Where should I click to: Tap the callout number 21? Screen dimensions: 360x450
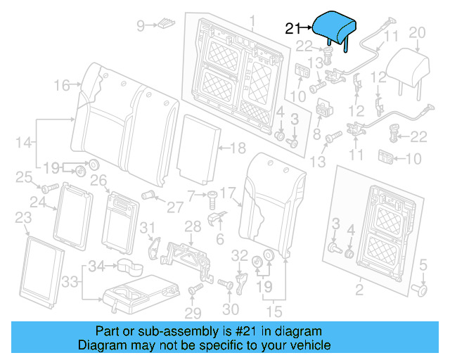(x=292, y=28)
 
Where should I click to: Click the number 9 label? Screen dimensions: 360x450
(x=140, y=26)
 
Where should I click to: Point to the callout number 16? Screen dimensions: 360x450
(x=61, y=86)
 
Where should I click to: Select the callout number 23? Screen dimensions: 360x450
(x=22, y=217)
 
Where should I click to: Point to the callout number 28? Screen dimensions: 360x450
(x=192, y=225)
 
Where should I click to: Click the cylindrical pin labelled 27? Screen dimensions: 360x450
(x=149, y=193)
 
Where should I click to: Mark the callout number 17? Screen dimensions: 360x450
(x=227, y=191)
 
